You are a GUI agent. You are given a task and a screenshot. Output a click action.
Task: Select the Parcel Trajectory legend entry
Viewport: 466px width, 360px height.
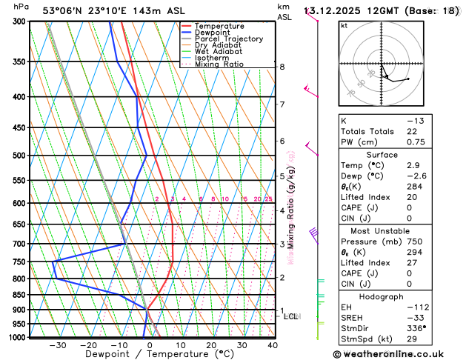click(x=228, y=39)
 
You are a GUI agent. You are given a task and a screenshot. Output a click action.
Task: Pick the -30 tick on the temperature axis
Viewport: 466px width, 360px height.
click(x=58, y=345)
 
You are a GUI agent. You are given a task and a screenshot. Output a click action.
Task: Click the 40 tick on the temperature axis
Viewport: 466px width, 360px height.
click(x=273, y=345)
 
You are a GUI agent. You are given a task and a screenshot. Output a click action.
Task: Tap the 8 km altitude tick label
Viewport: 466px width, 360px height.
click(x=282, y=67)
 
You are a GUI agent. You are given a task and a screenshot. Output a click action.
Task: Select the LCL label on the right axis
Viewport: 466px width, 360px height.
click(x=291, y=316)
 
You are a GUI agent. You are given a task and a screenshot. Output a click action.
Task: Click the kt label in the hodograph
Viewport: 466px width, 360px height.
click(x=344, y=25)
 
